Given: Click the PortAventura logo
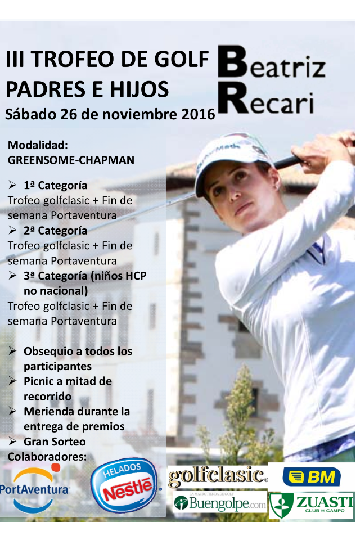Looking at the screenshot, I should pyautogui.click(x=35, y=487).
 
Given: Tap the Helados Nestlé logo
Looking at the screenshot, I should pyautogui.click(x=125, y=485).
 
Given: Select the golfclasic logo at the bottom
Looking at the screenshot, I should pyautogui.click(x=217, y=476).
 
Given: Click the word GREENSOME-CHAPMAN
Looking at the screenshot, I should pyautogui.click(x=71, y=160).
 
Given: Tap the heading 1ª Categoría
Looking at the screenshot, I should pyautogui.click(x=55, y=185).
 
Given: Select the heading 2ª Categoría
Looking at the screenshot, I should pyautogui.click(x=55, y=231).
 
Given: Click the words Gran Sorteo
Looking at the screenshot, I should pyautogui.click(x=55, y=442).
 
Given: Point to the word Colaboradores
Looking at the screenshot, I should pyautogui.click(x=47, y=456).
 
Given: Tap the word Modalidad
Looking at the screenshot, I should pyautogui.click(x=38, y=145).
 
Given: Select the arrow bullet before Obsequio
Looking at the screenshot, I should pyautogui.click(x=13, y=352).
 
